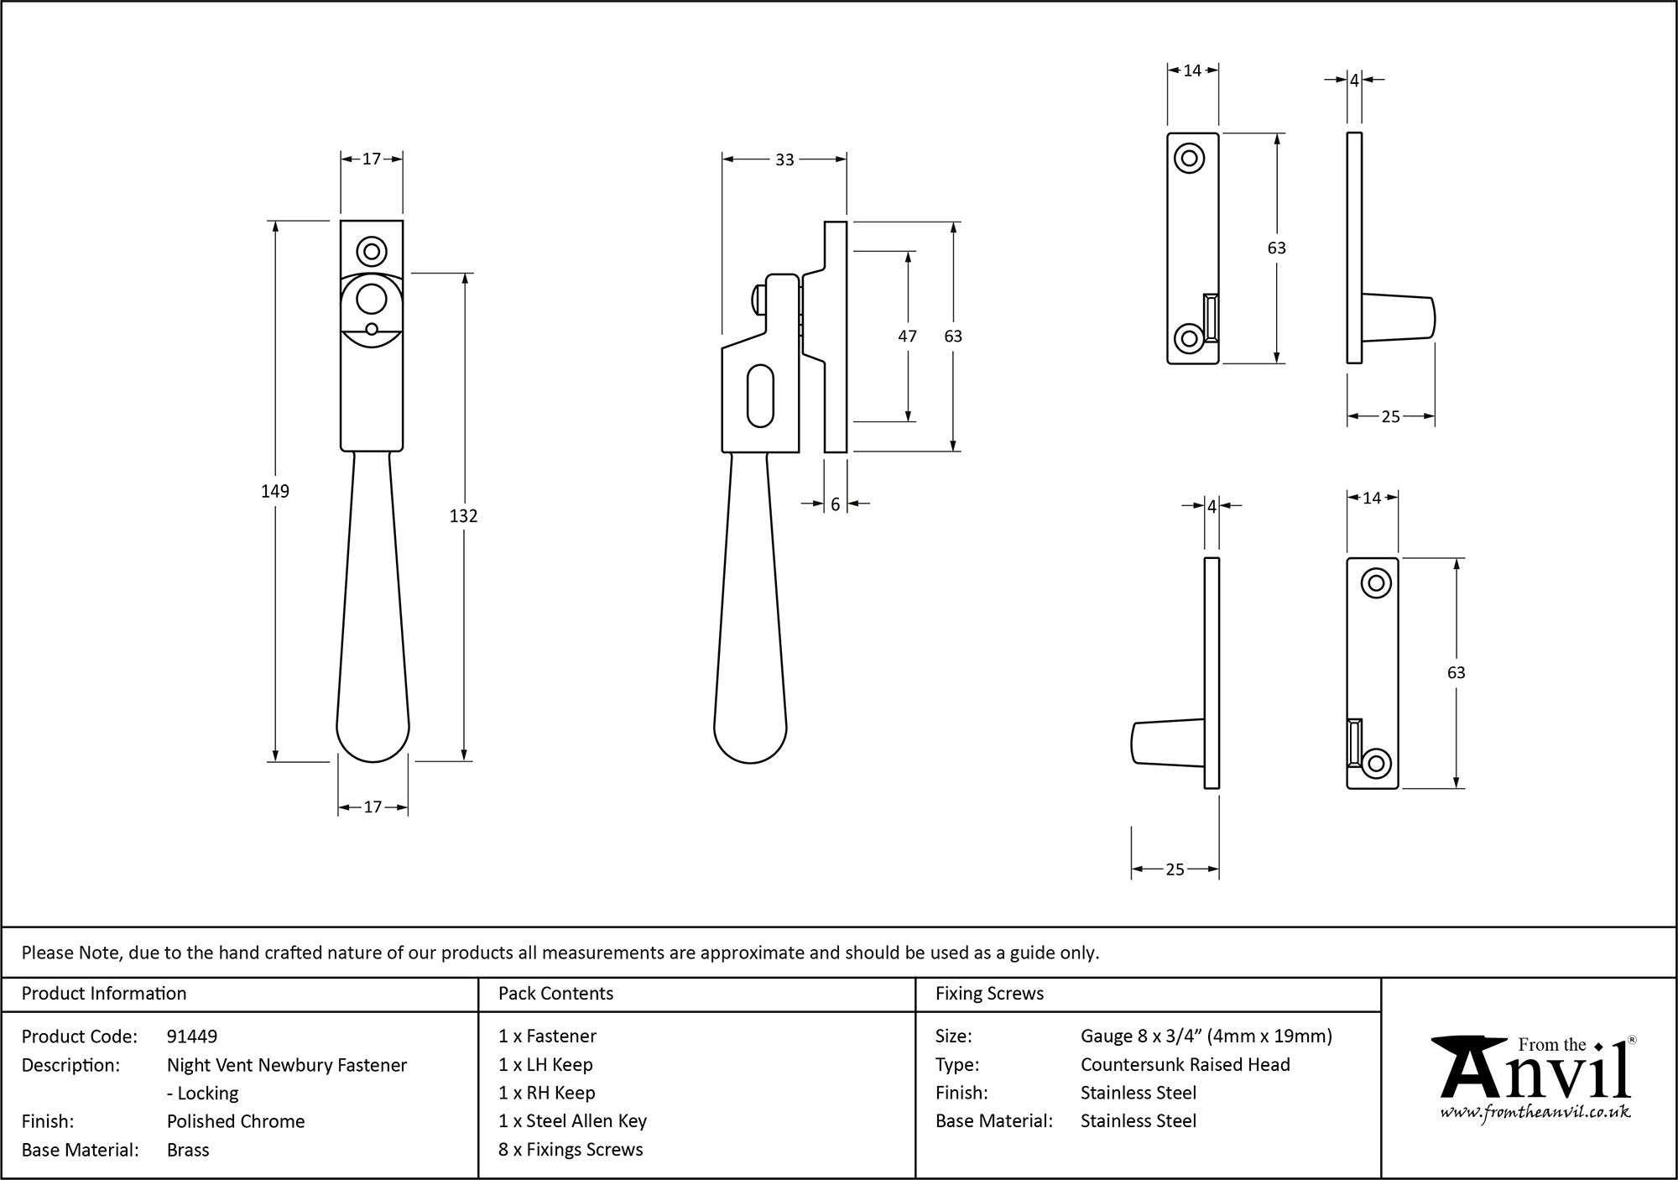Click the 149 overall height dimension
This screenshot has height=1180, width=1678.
[x=275, y=491]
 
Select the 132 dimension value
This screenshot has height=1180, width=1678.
[x=463, y=516]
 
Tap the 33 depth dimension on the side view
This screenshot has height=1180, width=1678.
[x=784, y=159]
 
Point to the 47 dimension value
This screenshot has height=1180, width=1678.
[x=907, y=336]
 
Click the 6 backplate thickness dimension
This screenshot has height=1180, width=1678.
[x=836, y=504]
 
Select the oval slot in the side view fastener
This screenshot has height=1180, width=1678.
[x=760, y=394]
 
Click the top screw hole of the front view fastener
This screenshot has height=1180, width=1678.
[x=371, y=251]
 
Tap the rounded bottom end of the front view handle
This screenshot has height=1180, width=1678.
[x=373, y=739]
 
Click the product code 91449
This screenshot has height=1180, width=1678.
[x=192, y=1036]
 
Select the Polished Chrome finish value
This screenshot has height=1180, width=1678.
[x=236, y=1121]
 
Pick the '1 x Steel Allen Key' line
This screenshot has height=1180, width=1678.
[x=572, y=1121]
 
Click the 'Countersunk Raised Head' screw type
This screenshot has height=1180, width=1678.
[x=1185, y=1064]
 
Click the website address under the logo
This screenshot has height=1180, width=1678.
[x=1535, y=1113]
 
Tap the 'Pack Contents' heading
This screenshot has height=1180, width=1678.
[x=555, y=994]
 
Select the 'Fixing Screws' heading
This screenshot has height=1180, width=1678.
[x=989, y=994]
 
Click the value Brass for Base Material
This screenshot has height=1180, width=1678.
[x=188, y=1150]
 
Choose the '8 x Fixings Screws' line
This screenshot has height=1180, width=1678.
[x=571, y=1150]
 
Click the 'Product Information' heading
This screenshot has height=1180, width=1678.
[x=104, y=994]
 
